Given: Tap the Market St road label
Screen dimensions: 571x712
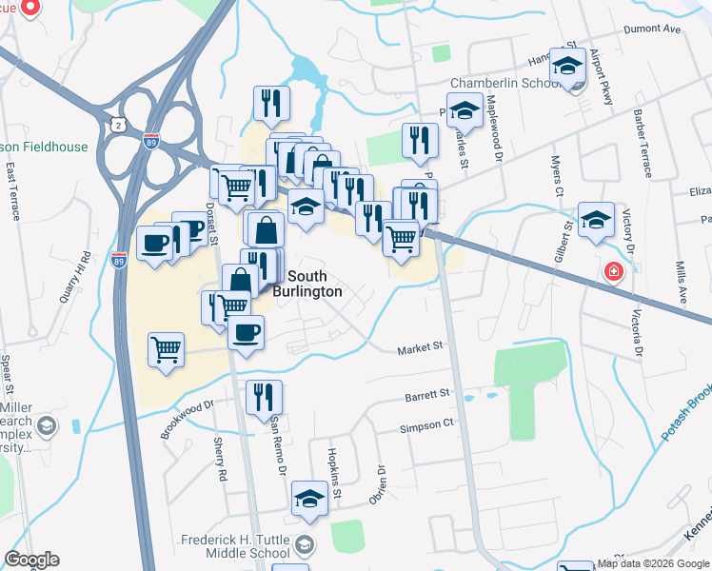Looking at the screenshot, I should click(421, 349).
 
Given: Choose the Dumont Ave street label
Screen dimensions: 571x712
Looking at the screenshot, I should click(652, 30).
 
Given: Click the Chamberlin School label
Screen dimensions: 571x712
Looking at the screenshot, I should click(504, 84).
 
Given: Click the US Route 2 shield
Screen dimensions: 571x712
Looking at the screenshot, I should click(117, 125).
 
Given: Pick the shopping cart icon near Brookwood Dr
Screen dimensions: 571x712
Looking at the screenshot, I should click(166, 349).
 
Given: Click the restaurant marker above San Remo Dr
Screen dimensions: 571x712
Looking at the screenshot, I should click(263, 397).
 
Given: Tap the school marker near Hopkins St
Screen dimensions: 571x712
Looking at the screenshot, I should click(309, 500).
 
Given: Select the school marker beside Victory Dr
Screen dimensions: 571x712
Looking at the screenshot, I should click(596, 219).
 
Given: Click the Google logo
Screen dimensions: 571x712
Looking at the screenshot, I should click(31, 560).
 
